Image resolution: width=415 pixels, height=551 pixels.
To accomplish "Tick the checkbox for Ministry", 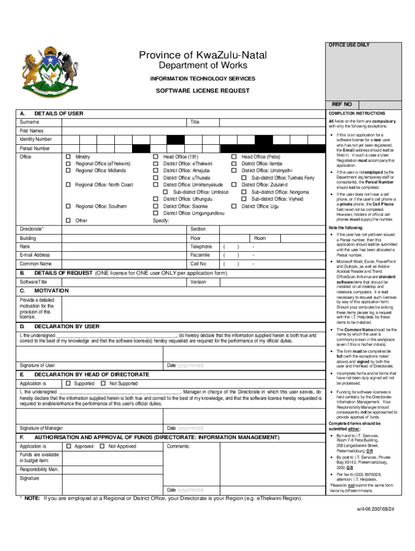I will click(68, 157).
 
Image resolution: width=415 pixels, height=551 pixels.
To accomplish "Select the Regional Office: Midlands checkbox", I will click(68, 171).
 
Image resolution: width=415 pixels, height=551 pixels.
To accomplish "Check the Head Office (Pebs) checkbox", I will click(234, 157).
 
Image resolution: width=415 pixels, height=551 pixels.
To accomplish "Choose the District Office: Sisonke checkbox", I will click(156, 206).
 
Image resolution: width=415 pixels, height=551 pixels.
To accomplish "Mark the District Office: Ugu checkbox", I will click(234, 206).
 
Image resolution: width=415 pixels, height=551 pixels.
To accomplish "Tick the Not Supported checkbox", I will click(102, 384).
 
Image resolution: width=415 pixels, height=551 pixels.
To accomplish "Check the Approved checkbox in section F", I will click(68, 447).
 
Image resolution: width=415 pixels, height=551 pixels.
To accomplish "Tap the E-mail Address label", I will click(34, 255).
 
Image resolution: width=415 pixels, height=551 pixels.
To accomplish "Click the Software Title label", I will click(33, 282).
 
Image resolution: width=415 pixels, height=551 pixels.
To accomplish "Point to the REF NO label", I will click(342, 104).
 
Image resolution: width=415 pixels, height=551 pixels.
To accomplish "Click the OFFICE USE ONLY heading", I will click(349, 45).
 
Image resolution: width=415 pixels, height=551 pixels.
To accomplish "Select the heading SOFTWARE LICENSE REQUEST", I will click(203, 91).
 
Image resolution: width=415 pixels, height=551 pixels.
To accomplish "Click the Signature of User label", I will click(37, 366).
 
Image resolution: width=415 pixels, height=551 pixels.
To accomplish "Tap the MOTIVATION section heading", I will click(52, 291).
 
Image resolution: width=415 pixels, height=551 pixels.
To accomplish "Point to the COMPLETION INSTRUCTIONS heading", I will click(356, 114).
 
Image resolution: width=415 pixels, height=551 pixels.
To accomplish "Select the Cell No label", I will click(198, 264).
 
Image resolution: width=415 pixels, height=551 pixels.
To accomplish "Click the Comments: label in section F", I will click(178, 447).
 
